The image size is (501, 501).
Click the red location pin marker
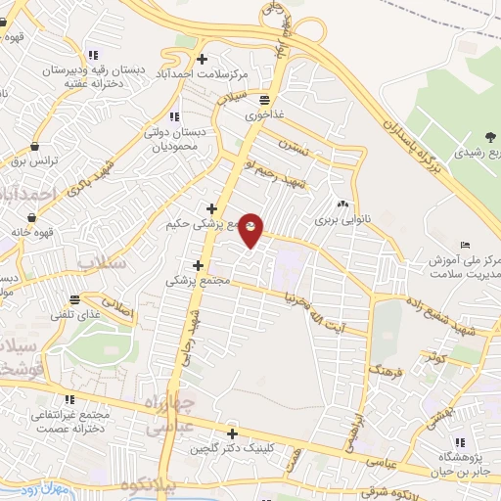[x=252, y=230]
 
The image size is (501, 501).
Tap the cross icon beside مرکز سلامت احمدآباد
[x=202, y=58]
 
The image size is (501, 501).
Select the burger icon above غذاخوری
[x=263, y=99]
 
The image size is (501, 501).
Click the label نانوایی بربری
[x=338, y=221]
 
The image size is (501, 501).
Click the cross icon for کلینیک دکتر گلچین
[x=232, y=433]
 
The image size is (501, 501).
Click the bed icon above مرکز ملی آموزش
[x=464, y=246]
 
